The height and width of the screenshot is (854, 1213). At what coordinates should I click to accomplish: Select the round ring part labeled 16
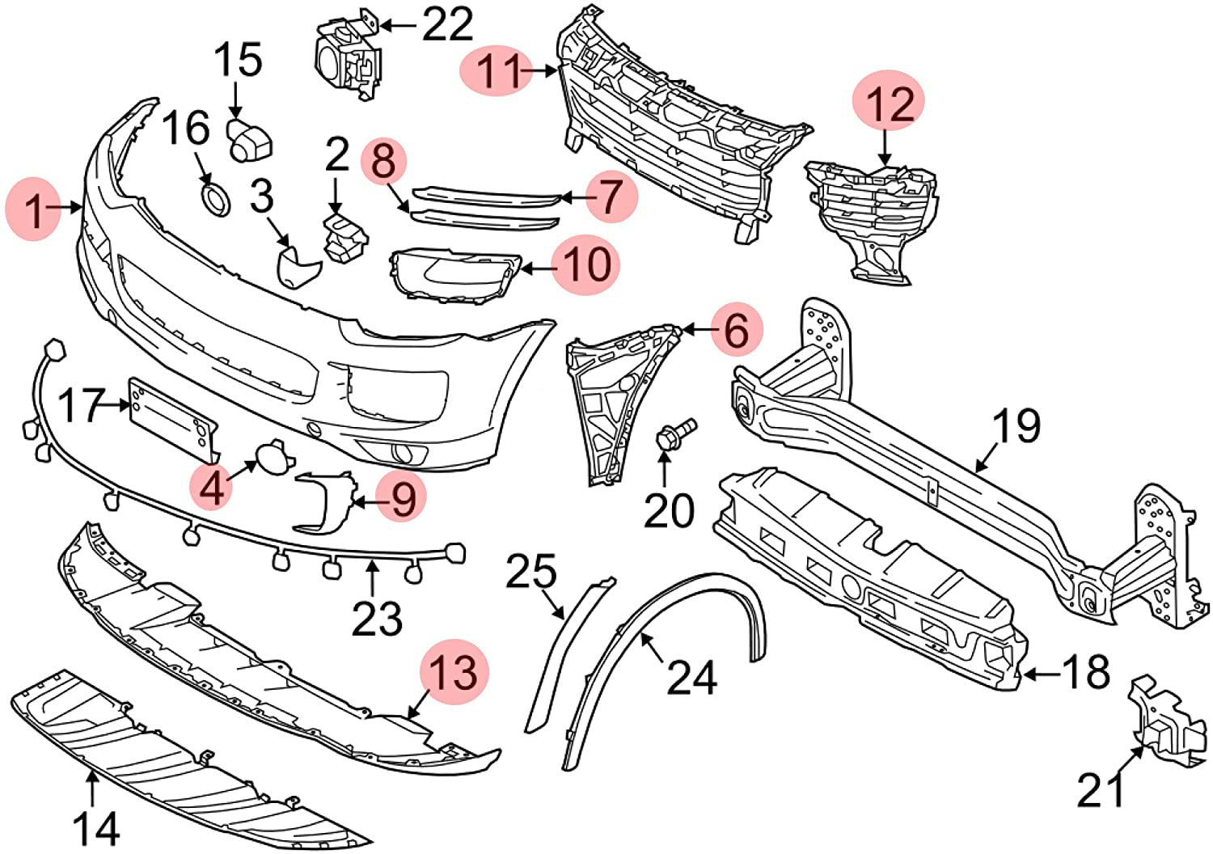(x=214, y=199)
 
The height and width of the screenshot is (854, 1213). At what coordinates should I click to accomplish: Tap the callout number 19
(x=1016, y=426)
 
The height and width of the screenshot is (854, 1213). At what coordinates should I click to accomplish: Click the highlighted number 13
(x=458, y=672)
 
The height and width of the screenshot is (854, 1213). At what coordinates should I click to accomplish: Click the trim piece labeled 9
(x=323, y=501)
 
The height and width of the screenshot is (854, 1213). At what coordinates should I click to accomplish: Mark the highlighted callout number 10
(x=586, y=264)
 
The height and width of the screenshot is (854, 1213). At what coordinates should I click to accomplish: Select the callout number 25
(x=531, y=572)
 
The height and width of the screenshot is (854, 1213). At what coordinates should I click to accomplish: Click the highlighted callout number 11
(x=494, y=71)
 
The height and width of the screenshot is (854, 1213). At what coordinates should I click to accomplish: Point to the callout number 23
(x=377, y=619)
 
